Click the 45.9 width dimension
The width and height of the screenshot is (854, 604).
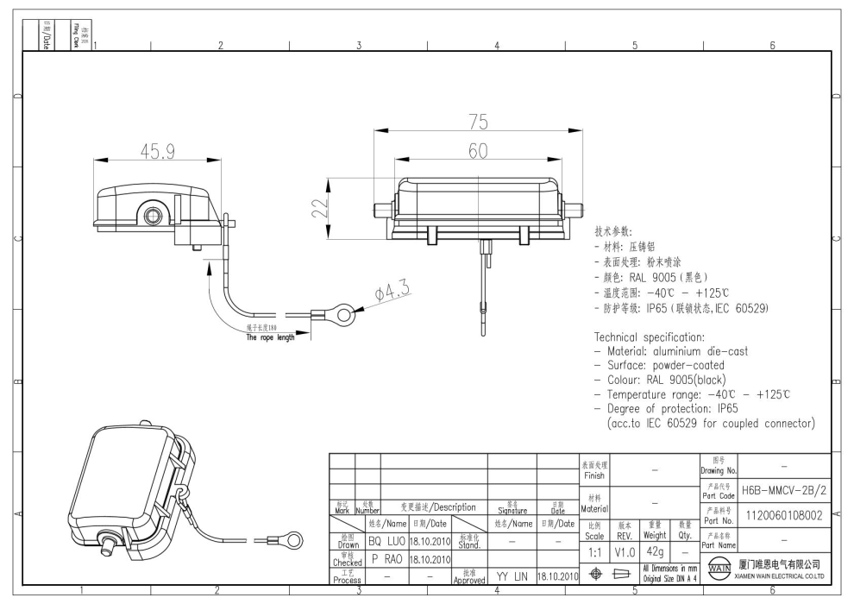158,151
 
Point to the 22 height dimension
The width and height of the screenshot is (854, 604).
319,208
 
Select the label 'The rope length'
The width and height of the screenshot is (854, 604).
268,337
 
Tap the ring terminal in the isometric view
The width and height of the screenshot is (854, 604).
293,540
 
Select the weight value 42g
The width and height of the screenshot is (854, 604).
654,550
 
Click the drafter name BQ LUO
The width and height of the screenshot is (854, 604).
386,541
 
